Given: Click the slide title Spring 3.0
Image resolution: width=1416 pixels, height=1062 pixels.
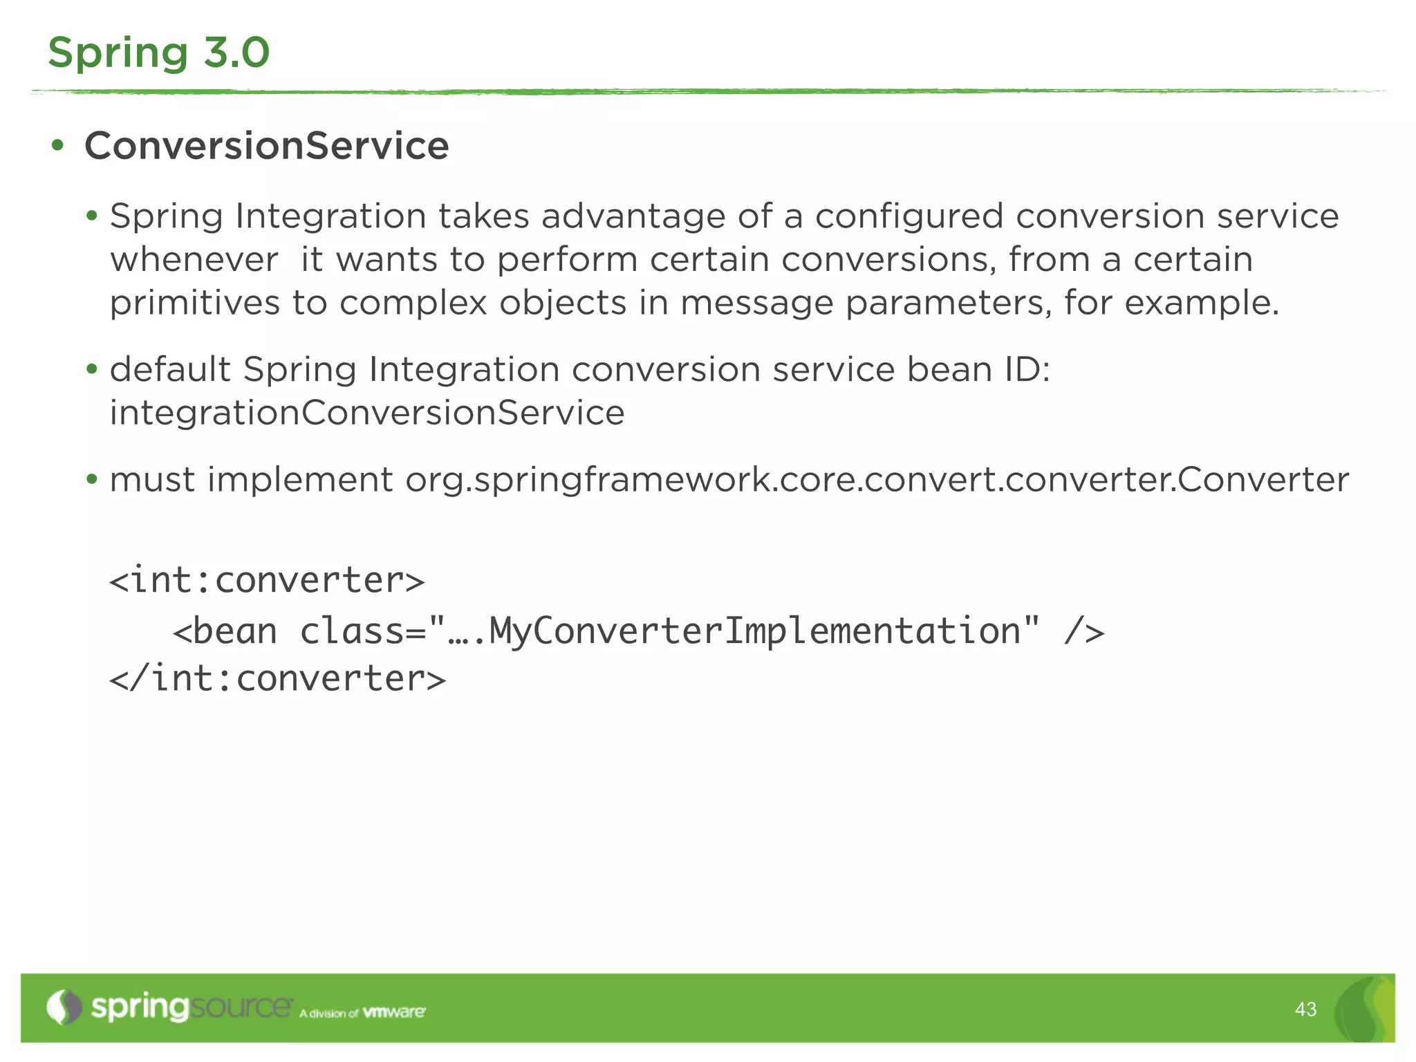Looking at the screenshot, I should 158,53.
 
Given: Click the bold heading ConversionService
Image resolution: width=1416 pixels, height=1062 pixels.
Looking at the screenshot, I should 266,146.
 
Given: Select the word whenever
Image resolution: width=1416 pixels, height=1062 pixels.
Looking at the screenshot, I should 194,260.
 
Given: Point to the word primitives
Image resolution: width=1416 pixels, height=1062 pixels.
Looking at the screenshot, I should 194,304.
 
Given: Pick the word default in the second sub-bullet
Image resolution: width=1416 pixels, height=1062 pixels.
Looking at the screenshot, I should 170,369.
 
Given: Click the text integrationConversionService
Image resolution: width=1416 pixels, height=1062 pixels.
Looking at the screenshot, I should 367,413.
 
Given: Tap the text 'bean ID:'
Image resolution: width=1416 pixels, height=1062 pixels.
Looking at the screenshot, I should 978,369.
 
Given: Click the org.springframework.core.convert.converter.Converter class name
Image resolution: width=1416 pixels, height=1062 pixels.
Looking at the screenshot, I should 877,480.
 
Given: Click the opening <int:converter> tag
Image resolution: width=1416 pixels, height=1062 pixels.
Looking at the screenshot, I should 267,579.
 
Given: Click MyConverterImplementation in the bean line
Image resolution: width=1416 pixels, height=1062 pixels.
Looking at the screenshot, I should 754,631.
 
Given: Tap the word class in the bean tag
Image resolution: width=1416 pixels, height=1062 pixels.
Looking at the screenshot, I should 352,631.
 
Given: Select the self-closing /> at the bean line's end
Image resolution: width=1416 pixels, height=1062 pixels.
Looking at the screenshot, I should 1083,631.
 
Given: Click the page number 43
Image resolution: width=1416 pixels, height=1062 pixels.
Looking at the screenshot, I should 1305,1009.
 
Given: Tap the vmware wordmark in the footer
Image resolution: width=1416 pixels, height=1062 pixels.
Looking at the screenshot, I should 394,1012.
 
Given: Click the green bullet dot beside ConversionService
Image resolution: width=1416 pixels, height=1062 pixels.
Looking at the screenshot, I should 58,146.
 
